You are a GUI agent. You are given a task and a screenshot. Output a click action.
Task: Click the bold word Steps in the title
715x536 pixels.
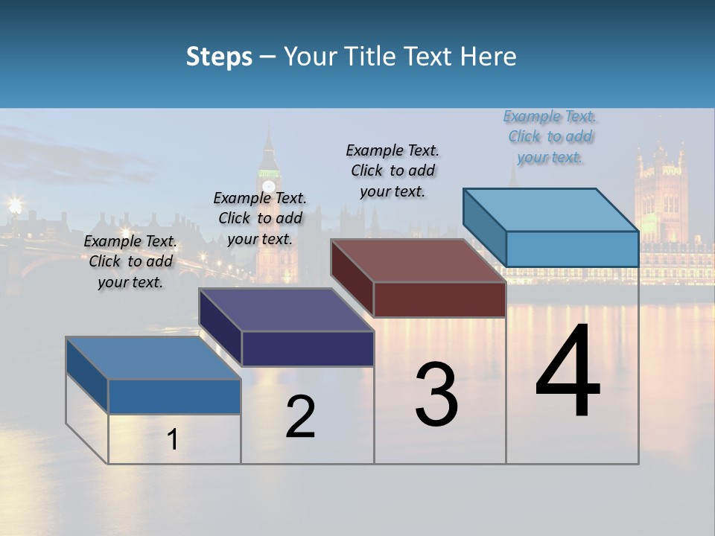point(219,57)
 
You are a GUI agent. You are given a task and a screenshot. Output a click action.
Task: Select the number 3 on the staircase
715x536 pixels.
point(436,395)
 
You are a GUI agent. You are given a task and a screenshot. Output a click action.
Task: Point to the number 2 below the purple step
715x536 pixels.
point(300,417)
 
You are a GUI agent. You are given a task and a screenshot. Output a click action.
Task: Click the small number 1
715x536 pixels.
point(173,439)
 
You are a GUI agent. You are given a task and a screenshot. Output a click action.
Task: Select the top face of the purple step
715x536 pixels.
point(287,310)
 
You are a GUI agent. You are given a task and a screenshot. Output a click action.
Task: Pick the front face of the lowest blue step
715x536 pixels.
point(174,396)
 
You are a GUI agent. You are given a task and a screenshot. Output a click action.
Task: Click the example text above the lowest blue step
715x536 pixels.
point(130,261)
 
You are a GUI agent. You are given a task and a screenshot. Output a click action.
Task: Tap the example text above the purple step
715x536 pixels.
point(260,218)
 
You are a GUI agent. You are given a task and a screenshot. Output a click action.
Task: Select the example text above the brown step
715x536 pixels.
point(393,170)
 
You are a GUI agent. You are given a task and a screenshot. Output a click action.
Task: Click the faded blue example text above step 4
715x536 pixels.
point(550,136)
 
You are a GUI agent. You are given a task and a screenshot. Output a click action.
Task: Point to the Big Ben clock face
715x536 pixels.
point(268,187)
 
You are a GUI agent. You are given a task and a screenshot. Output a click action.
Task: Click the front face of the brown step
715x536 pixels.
point(439,300)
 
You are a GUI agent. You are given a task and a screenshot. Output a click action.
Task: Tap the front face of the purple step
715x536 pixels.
point(308,348)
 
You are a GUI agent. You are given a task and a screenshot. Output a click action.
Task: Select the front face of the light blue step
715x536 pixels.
point(572,249)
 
